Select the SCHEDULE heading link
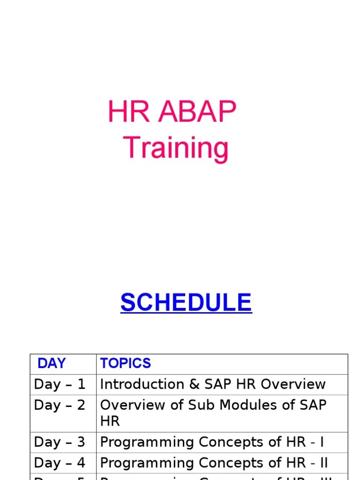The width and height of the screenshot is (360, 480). coord(186,302)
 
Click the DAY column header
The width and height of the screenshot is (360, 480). coord(52,363)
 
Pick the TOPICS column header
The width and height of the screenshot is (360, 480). coord(126,363)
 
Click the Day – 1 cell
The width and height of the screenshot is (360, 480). coord(60,384)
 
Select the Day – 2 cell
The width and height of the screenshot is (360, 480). coord(60,405)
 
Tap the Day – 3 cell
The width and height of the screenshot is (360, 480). coord(60,442)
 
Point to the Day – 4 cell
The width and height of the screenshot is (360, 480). coord(60,463)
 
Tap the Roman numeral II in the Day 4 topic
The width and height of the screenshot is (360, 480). coord(323,463)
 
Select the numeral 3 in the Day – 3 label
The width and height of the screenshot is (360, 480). coord(81,442)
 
